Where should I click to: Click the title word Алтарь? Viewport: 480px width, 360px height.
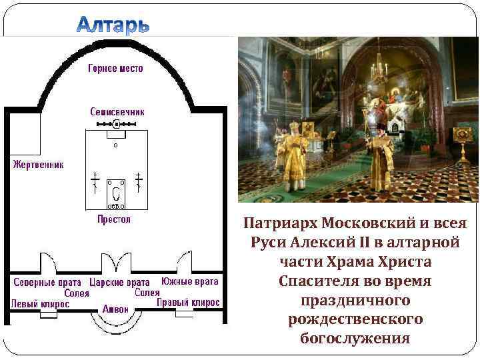point(113,26)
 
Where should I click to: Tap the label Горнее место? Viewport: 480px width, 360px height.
point(115,69)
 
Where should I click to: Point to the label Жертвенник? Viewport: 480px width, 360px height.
point(37,164)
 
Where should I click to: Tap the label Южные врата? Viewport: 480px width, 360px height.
point(190,281)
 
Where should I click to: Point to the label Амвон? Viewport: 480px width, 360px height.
point(115,309)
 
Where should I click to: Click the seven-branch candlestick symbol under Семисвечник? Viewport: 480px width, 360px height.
point(117,124)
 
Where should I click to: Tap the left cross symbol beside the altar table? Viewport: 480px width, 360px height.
point(95,183)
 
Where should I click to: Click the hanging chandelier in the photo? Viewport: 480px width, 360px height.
point(383,67)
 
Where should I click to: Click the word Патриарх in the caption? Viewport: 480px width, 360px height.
point(279,222)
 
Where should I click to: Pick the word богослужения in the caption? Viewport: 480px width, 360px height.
point(355,338)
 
